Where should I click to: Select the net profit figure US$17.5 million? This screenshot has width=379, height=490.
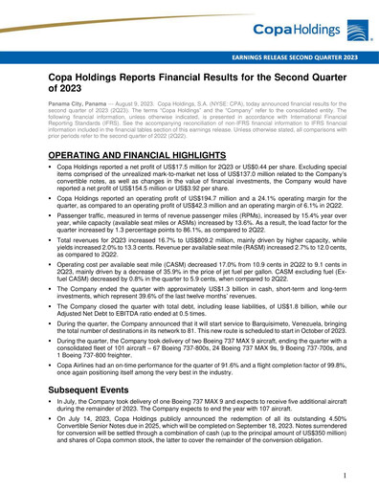[180, 166]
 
